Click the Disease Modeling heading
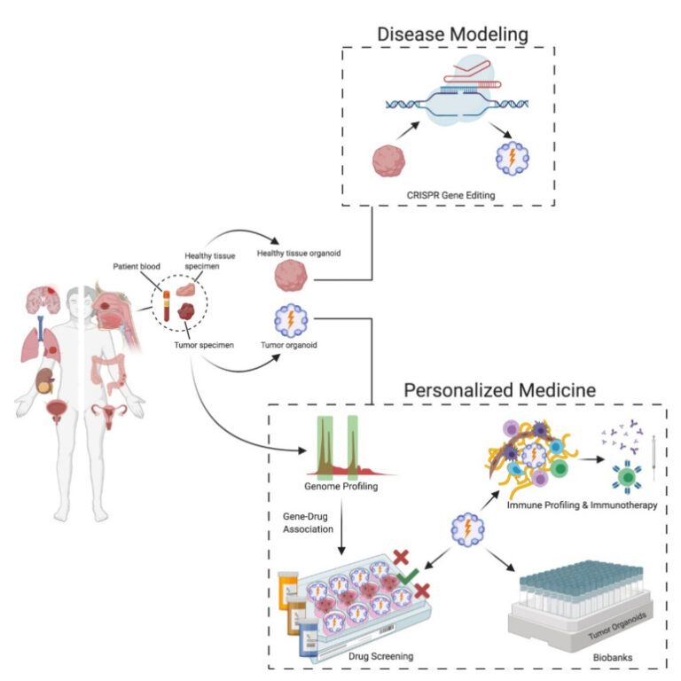[452, 34]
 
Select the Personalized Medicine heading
[499, 389]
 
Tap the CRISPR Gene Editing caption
[450, 192]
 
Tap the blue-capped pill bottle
[307, 631]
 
